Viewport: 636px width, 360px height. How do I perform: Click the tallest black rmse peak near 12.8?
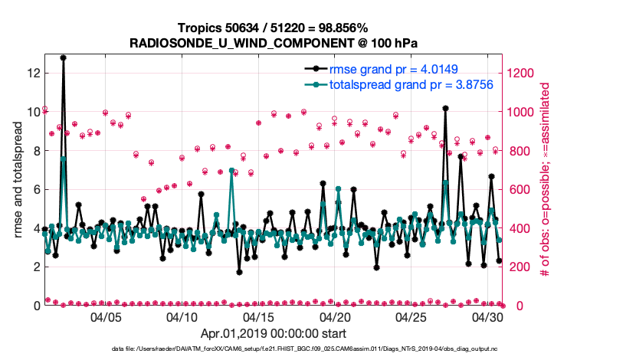[63, 57]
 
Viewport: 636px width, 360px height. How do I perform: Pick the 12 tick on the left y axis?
[32, 73]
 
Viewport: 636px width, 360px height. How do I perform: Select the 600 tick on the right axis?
[520, 189]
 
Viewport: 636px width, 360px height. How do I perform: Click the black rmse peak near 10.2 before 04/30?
[445, 108]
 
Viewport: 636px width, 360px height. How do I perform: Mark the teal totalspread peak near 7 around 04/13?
[231, 170]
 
